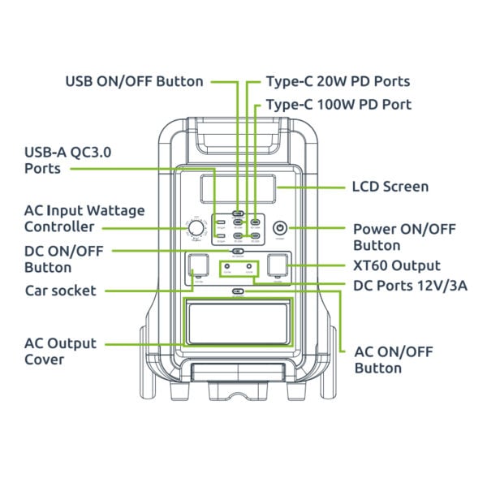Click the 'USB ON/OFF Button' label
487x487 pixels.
(x=134, y=81)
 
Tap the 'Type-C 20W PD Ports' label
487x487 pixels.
(x=338, y=81)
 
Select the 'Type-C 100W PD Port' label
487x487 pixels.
(x=338, y=105)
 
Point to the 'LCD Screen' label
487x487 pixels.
(x=390, y=187)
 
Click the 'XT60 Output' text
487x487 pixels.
(x=397, y=265)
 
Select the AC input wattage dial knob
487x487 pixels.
(x=196, y=228)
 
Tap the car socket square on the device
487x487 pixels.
(x=197, y=267)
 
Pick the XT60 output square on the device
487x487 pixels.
(x=278, y=267)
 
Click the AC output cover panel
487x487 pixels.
(x=238, y=322)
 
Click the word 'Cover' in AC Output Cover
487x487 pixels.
(x=44, y=360)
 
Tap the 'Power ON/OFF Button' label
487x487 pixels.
(x=396, y=237)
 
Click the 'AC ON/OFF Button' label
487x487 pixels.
(x=394, y=360)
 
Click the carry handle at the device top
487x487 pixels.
(x=238, y=138)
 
